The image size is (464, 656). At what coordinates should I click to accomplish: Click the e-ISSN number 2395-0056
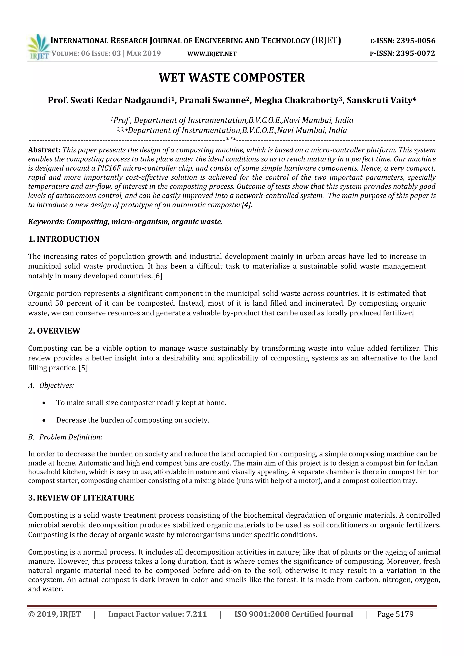(416, 41)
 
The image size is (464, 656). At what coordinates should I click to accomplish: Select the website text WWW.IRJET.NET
(212, 54)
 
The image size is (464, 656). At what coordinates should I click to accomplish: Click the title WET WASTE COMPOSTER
(232, 78)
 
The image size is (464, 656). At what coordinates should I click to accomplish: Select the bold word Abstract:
(44, 150)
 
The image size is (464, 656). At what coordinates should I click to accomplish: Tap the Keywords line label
(46, 222)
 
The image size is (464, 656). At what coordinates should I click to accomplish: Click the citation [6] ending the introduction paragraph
(158, 276)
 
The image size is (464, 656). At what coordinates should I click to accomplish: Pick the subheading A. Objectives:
(51, 386)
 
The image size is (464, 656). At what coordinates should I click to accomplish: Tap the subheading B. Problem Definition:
(65, 437)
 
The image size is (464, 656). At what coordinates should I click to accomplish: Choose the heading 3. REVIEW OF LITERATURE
(81, 498)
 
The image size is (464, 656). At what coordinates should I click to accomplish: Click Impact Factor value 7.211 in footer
(157, 614)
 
